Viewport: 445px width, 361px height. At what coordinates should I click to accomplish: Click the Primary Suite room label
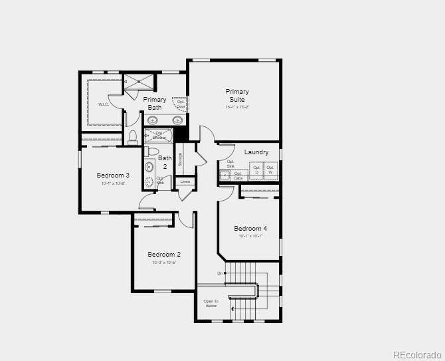click(x=236, y=95)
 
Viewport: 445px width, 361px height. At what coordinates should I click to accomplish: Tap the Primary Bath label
click(x=155, y=103)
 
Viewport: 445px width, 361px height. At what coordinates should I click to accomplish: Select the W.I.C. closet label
click(x=104, y=104)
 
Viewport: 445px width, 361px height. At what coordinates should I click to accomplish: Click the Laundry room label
click(x=256, y=152)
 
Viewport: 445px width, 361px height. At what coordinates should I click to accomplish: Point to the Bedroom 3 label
click(x=113, y=176)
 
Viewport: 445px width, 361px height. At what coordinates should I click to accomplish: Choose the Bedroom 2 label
click(x=164, y=254)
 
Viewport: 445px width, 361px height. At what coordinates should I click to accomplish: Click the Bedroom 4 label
click(x=250, y=229)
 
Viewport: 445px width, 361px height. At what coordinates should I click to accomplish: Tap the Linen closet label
click(x=185, y=181)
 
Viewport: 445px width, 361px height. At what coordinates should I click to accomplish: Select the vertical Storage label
click(x=180, y=162)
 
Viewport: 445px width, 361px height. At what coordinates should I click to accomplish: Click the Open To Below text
click(x=211, y=304)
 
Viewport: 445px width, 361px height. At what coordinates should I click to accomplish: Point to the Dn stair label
click(x=220, y=273)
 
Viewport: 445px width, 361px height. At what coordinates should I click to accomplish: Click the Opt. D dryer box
click(x=256, y=170)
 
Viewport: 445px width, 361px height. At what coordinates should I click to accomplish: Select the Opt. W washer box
click(x=270, y=170)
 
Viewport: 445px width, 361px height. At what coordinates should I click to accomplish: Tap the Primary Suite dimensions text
click(x=236, y=106)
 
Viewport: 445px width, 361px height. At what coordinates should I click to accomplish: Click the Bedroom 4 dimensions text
click(x=250, y=236)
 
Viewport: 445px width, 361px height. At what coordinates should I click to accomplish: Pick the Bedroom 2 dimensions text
click(x=164, y=263)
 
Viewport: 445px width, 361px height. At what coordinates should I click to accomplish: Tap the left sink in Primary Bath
click(x=153, y=120)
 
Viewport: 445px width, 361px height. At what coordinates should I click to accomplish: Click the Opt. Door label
click(x=181, y=104)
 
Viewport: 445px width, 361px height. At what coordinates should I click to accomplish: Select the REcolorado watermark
click(x=416, y=354)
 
